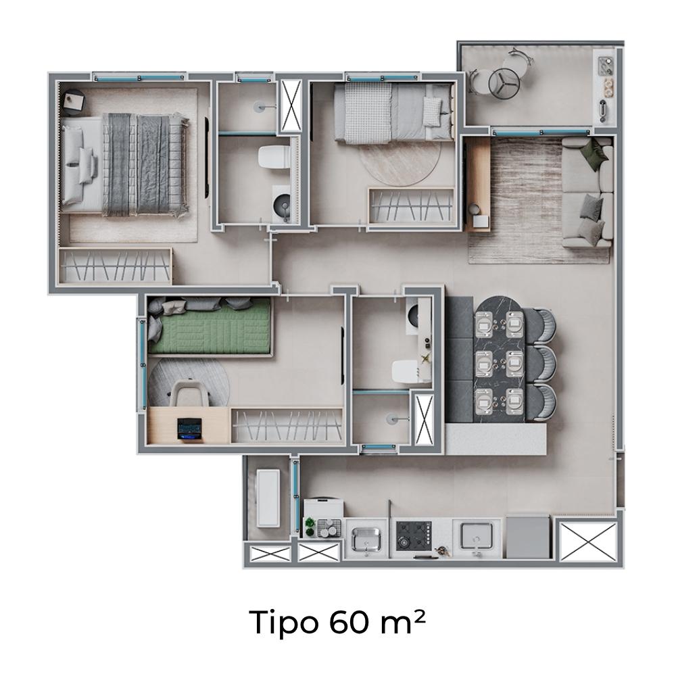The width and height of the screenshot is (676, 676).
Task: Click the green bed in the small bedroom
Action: pyautogui.click(x=209, y=327)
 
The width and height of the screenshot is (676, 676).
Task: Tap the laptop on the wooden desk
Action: pyautogui.click(x=189, y=429)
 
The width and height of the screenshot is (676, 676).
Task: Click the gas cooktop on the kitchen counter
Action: pyautogui.click(x=414, y=536)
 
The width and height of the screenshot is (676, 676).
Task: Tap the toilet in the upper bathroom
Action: pyautogui.click(x=274, y=157)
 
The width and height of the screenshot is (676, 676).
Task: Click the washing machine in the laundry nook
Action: pyautogui.click(x=268, y=498)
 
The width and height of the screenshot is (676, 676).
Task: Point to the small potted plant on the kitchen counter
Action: pyautogui.click(x=310, y=526)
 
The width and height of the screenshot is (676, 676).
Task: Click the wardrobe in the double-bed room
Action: pyautogui.click(x=115, y=266)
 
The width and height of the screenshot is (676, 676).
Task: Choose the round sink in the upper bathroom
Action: pyautogui.click(x=283, y=203)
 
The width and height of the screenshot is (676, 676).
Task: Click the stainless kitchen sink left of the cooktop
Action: pyautogui.click(x=366, y=539)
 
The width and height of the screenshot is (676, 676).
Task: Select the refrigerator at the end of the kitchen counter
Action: pyautogui.click(x=528, y=536)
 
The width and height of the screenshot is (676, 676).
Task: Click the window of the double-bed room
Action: pyautogui.click(x=139, y=78)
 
